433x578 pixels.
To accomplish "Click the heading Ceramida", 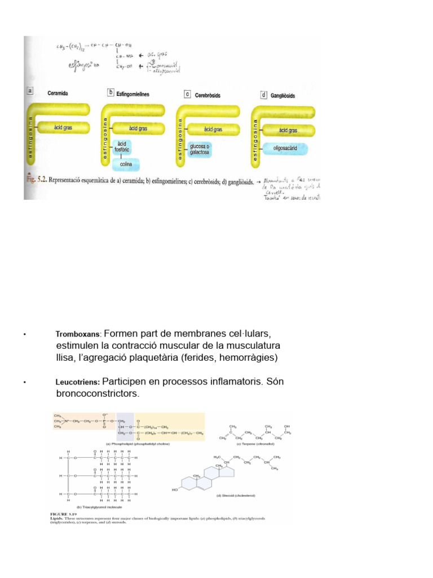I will [58, 93].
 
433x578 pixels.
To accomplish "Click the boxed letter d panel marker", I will [263, 95].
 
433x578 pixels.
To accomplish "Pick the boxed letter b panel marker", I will [111, 93].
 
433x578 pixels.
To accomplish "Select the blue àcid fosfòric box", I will [122, 147].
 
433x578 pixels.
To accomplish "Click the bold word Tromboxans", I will [78, 334].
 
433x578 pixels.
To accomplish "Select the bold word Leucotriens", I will [78, 382].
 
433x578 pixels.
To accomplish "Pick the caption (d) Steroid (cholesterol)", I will [236, 496].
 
